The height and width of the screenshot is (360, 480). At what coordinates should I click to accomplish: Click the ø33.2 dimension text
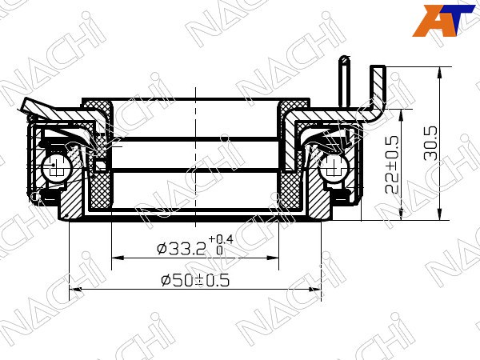click(181, 249)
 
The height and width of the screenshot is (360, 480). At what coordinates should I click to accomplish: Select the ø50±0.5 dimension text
click(195, 280)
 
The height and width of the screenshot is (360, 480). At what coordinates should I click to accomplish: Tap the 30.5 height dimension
click(430, 143)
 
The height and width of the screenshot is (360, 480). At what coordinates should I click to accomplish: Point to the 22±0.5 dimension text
click(391, 164)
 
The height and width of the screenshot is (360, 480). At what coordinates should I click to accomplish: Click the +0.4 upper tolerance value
click(221, 239)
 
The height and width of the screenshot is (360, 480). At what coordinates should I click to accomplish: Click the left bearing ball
click(55, 167)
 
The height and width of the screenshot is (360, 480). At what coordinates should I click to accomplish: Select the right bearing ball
click(333, 169)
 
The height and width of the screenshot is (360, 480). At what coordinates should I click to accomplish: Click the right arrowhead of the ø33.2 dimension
click(273, 258)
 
